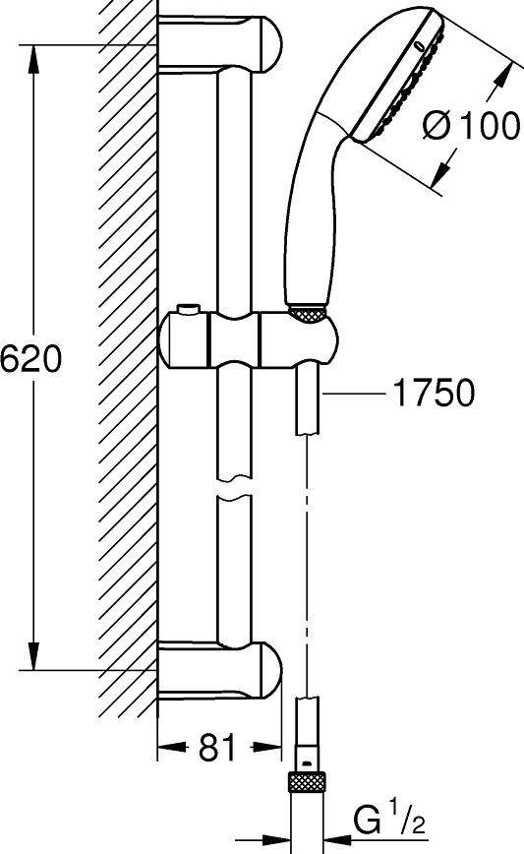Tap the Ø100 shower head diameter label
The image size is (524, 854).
pos(472,127)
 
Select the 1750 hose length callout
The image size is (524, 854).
pos(433,394)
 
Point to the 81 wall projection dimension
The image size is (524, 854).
pos(218,750)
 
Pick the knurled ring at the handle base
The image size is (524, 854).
pos(307,312)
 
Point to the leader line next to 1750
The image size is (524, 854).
pos(355,394)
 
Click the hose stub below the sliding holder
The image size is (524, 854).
pos(306,403)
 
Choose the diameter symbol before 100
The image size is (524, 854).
pos(437,127)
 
